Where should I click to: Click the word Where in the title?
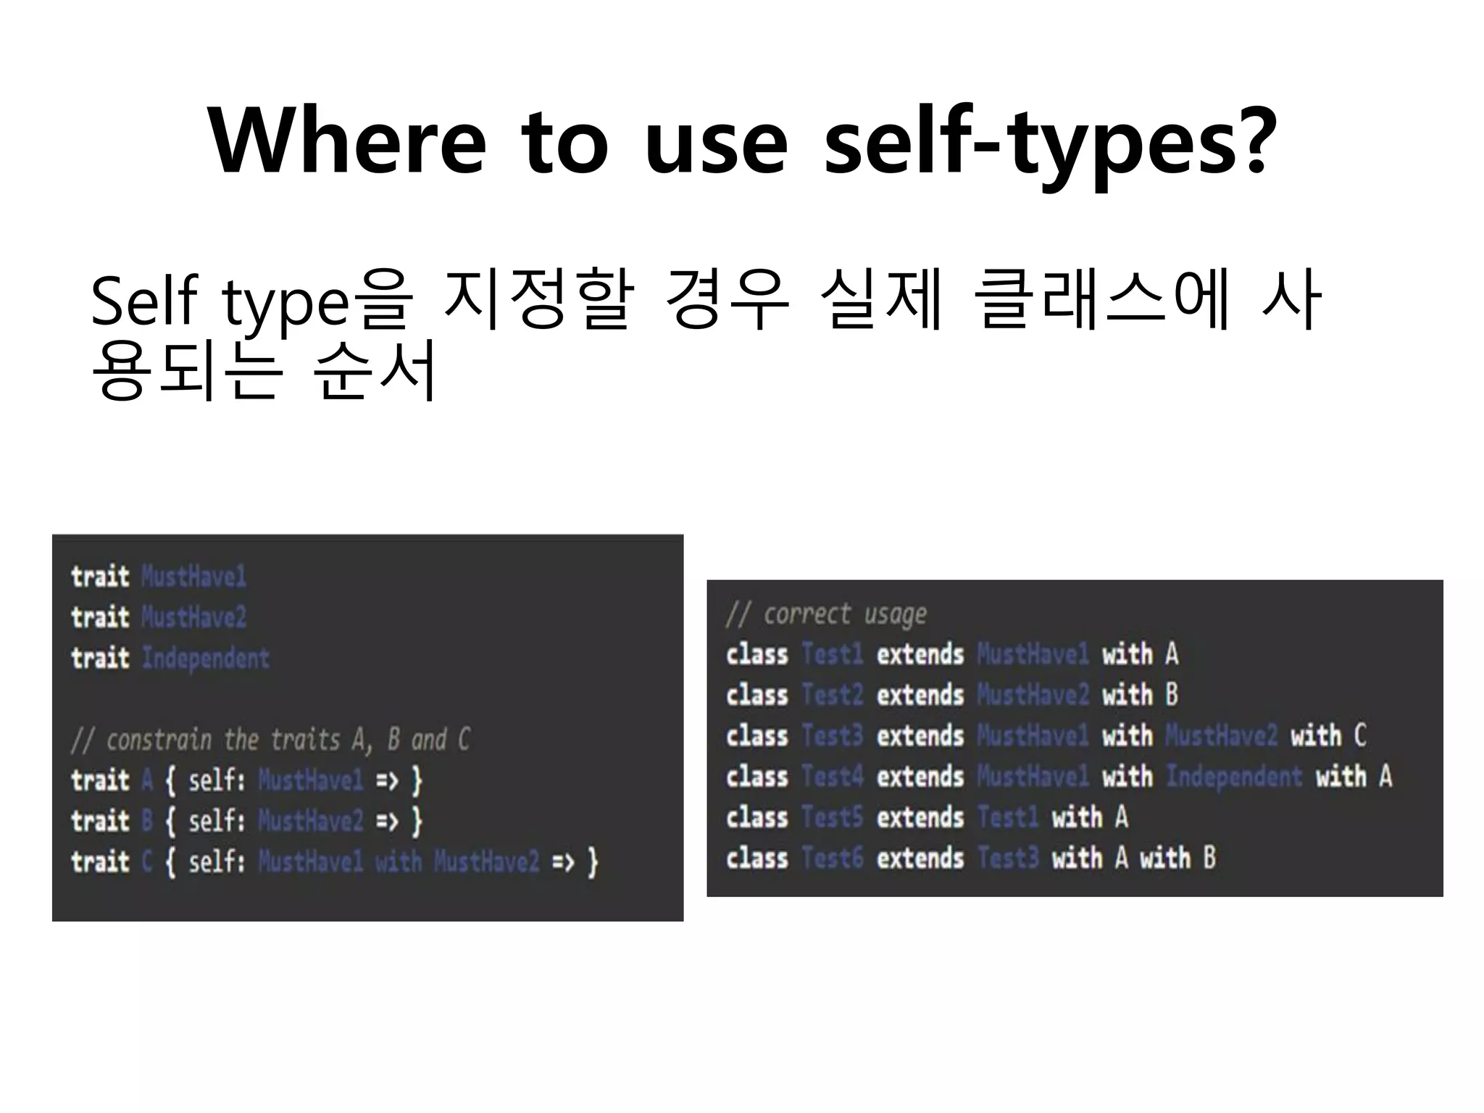click(x=346, y=141)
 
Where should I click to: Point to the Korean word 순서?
click(x=375, y=370)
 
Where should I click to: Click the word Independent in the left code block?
click(x=205, y=658)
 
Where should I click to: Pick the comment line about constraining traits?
click(x=270, y=740)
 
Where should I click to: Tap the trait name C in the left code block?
click(x=147, y=862)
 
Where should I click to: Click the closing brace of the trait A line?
click(x=417, y=781)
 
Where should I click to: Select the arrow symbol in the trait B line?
click(x=387, y=822)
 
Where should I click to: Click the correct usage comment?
click(x=826, y=614)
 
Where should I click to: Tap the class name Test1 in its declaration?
click(x=832, y=654)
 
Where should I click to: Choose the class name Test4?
click(x=832, y=777)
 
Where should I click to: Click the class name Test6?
click(x=832, y=859)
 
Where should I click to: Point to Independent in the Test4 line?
click(x=1233, y=777)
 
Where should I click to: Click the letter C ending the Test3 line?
click(x=1359, y=736)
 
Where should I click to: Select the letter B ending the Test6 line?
click(x=1209, y=859)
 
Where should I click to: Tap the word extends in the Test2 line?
click(x=920, y=695)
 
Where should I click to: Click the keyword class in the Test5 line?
click(x=756, y=817)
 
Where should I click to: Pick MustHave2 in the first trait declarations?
click(x=193, y=617)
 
